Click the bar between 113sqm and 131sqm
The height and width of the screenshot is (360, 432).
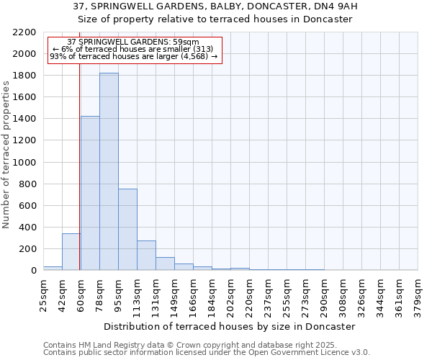pyautogui.click(x=146, y=256)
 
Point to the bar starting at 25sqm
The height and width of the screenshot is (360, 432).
pyautogui.click(x=52, y=268)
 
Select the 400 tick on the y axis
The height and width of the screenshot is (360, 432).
pyautogui.click(x=27, y=228)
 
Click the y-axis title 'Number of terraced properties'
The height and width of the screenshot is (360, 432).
pyautogui.click(x=6, y=155)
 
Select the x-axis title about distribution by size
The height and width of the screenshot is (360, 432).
pyautogui.click(x=230, y=326)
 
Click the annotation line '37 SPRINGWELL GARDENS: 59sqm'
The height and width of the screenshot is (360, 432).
pyautogui.click(x=133, y=42)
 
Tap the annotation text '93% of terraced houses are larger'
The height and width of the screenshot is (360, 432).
pyautogui.click(x=133, y=57)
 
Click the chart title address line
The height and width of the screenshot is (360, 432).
pyautogui.click(x=215, y=6)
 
